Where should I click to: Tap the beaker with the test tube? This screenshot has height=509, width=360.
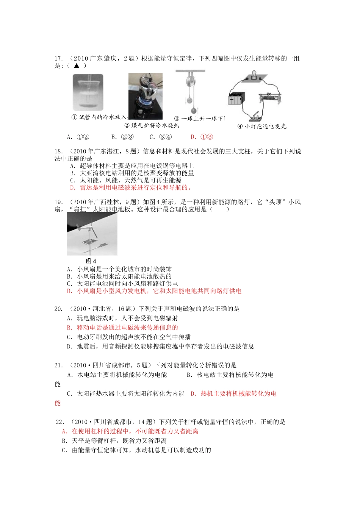pyautogui.click(x=88, y=92)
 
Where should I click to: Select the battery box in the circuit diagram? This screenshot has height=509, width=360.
pyautogui.click(x=237, y=99)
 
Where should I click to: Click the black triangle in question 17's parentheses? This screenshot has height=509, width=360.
pyautogui.click(x=77, y=66)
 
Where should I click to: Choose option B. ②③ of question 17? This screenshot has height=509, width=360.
pyautogui.click(x=122, y=137)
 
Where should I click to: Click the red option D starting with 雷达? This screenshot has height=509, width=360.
pyautogui.click(x=131, y=187)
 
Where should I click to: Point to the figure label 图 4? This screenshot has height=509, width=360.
pyautogui.click(x=91, y=261)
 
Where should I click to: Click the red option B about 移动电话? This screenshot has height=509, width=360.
pyautogui.click(x=122, y=328)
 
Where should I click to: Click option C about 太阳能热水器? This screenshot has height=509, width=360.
pyautogui.click(x=125, y=393)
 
